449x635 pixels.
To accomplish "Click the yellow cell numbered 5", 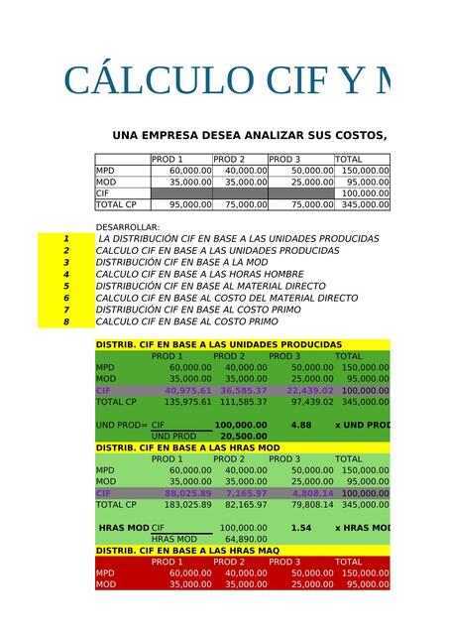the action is (66, 286).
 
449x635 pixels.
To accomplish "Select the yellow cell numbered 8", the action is (66, 321).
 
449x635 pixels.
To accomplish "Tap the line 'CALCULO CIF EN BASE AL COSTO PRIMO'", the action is (187, 321).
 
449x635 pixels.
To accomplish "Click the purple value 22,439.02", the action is (307, 391).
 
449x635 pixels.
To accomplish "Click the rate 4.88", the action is (301, 425).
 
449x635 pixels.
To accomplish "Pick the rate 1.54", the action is (301, 528).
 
